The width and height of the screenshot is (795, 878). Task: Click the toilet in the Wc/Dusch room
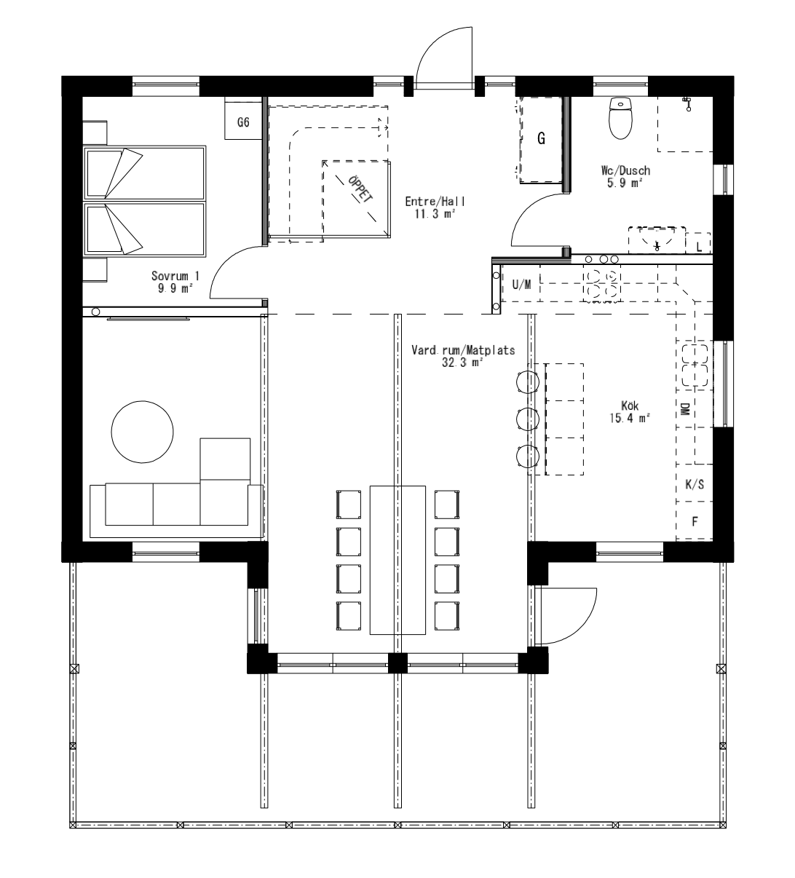620,119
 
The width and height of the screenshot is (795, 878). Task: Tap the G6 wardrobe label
243,123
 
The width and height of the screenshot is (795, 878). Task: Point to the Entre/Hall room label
435,207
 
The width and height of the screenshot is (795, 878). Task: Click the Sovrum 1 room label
175,282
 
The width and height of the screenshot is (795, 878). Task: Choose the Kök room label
630,411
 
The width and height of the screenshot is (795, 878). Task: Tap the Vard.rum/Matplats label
462,355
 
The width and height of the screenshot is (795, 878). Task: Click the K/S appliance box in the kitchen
695,485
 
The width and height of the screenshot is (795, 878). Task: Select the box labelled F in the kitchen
695,521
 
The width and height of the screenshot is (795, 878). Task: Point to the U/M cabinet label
521,285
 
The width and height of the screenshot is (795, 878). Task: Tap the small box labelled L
699,246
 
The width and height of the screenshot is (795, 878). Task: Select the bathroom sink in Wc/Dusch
657,239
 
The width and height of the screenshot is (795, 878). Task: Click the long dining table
397,559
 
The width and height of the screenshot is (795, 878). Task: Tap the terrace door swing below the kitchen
569,616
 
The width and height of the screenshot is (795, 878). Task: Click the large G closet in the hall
541,139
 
